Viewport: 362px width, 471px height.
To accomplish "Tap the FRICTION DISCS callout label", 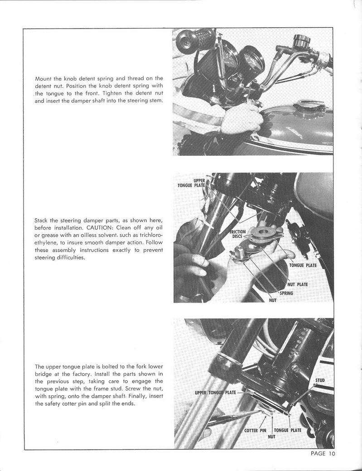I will pyautogui.click(x=237, y=234).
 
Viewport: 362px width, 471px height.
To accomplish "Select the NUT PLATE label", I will pyautogui.click(x=298, y=284).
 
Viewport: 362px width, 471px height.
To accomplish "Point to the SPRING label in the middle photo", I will pyautogui.click(x=286, y=293).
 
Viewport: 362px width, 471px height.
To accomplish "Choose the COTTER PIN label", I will pyautogui.click(x=255, y=430).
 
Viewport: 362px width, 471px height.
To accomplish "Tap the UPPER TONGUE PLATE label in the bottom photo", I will pyautogui.click(x=215, y=392).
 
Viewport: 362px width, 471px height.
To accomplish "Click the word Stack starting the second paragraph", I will pyautogui.click(x=43, y=221).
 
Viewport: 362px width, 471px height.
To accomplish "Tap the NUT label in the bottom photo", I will pyautogui.click(x=272, y=437).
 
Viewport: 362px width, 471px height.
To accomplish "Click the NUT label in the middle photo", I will pyautogui.click(x=273, y=300).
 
